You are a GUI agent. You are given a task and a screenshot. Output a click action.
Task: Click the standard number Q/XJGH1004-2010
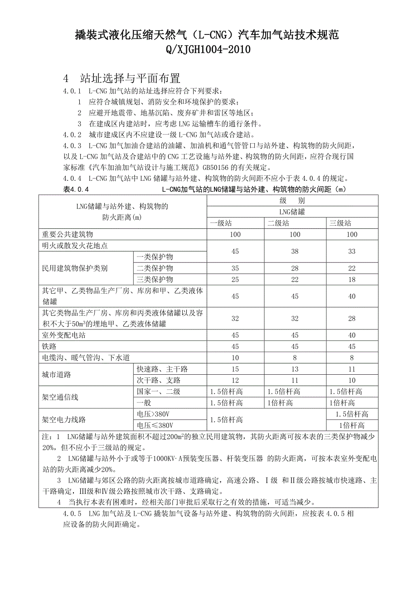[x=208, y=49]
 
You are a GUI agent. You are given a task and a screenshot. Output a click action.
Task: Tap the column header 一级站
[x=221, y=223]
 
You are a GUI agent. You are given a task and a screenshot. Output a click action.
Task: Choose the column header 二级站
[x=278, y=223]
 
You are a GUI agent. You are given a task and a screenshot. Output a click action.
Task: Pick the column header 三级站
[x=340, y=223]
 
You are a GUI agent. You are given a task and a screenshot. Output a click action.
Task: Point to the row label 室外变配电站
[x=64, y=335]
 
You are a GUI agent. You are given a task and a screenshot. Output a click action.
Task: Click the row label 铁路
[x=49, y=347]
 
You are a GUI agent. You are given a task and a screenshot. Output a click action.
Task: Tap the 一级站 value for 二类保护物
[x=235, y=268]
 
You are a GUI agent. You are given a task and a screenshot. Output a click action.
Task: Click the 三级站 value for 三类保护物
[x=352, y=280]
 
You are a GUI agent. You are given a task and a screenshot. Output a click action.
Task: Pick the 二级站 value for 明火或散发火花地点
[x=295, y=251]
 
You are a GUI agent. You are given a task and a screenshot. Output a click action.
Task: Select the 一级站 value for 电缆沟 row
[x=235, y=358]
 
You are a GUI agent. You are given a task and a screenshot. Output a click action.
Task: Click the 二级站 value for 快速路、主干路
[x=295, y=369]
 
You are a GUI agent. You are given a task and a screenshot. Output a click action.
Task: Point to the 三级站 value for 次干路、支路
[x=352, y=380]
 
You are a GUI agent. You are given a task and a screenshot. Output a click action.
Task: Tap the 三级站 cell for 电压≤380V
[x=352, y=426]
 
